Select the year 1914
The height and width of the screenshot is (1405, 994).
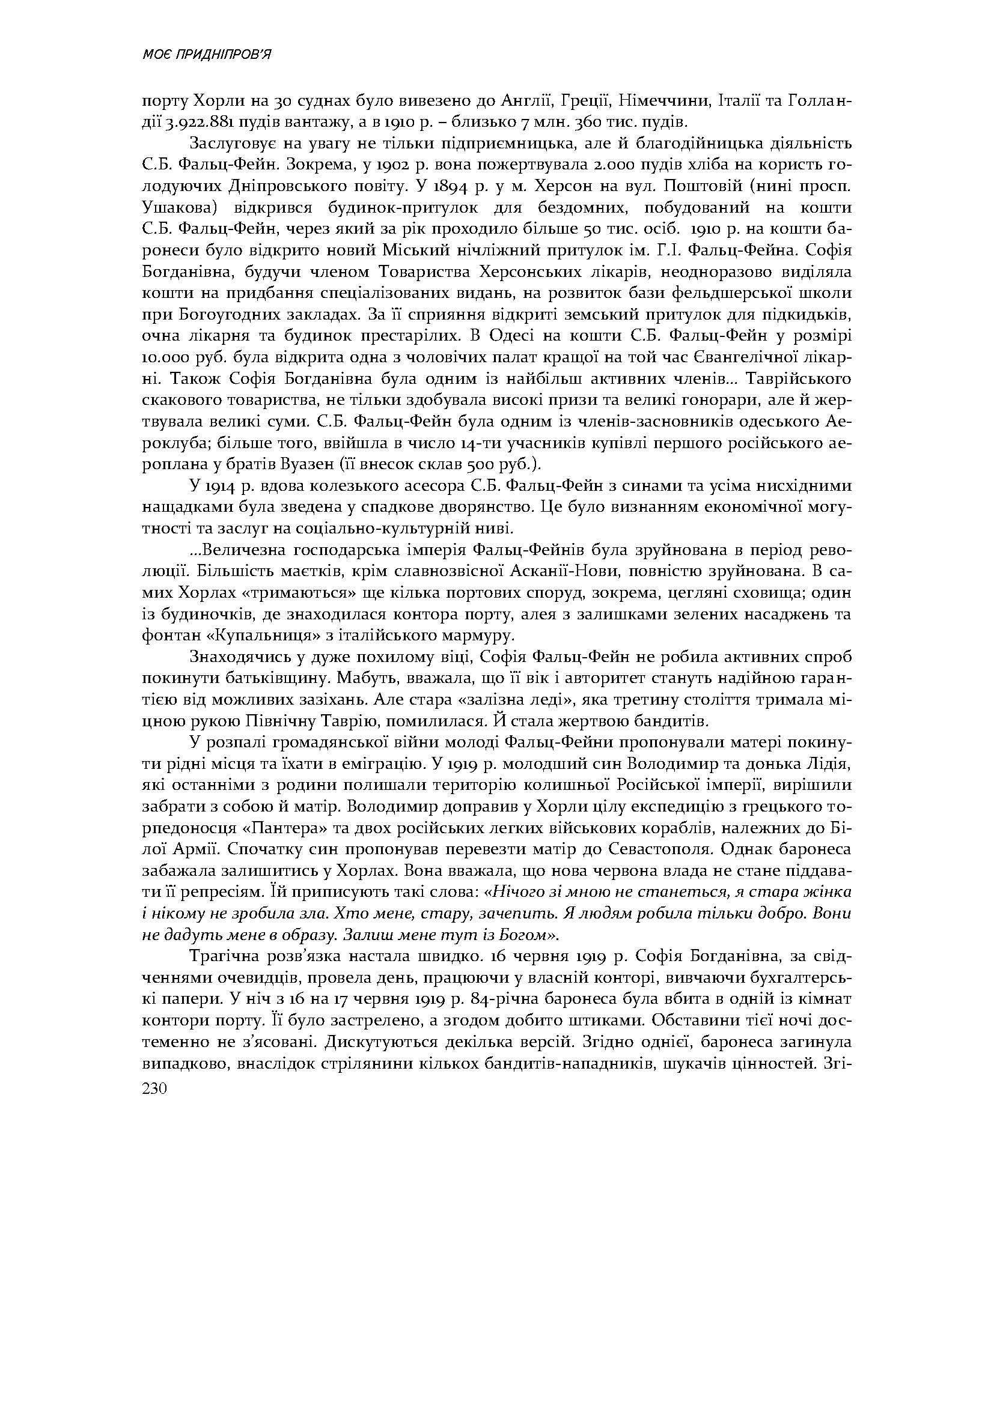(218, 487)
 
